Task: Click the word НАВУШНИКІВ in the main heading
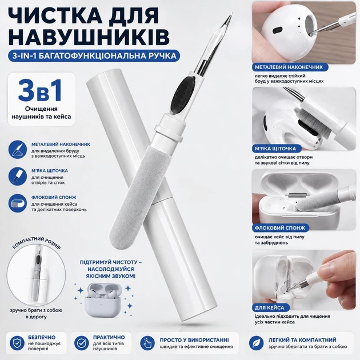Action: (x=89, y=37)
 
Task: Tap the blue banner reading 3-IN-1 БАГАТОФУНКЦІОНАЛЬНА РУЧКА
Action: (x=94, y=56)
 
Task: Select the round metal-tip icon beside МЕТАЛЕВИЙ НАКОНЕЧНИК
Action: (x=18, y=150)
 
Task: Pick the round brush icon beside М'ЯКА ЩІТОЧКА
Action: (x=18, y=177)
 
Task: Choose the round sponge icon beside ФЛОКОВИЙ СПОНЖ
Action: (x=18, y=203)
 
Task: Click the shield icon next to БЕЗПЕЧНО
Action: (x=17, y=343)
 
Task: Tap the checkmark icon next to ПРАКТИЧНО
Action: (x=82, y=343)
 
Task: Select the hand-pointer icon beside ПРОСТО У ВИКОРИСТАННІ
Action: (x=147, y=343)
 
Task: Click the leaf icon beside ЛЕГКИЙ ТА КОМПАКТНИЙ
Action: (x=256, y=343)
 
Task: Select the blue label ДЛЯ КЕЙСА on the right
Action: (x=270, y=307)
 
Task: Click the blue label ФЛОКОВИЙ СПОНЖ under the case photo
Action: (x=280, y=228)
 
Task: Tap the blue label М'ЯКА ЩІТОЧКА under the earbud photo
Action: (x=275, y=149)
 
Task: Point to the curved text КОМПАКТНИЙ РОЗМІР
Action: (x=37, y=243)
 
